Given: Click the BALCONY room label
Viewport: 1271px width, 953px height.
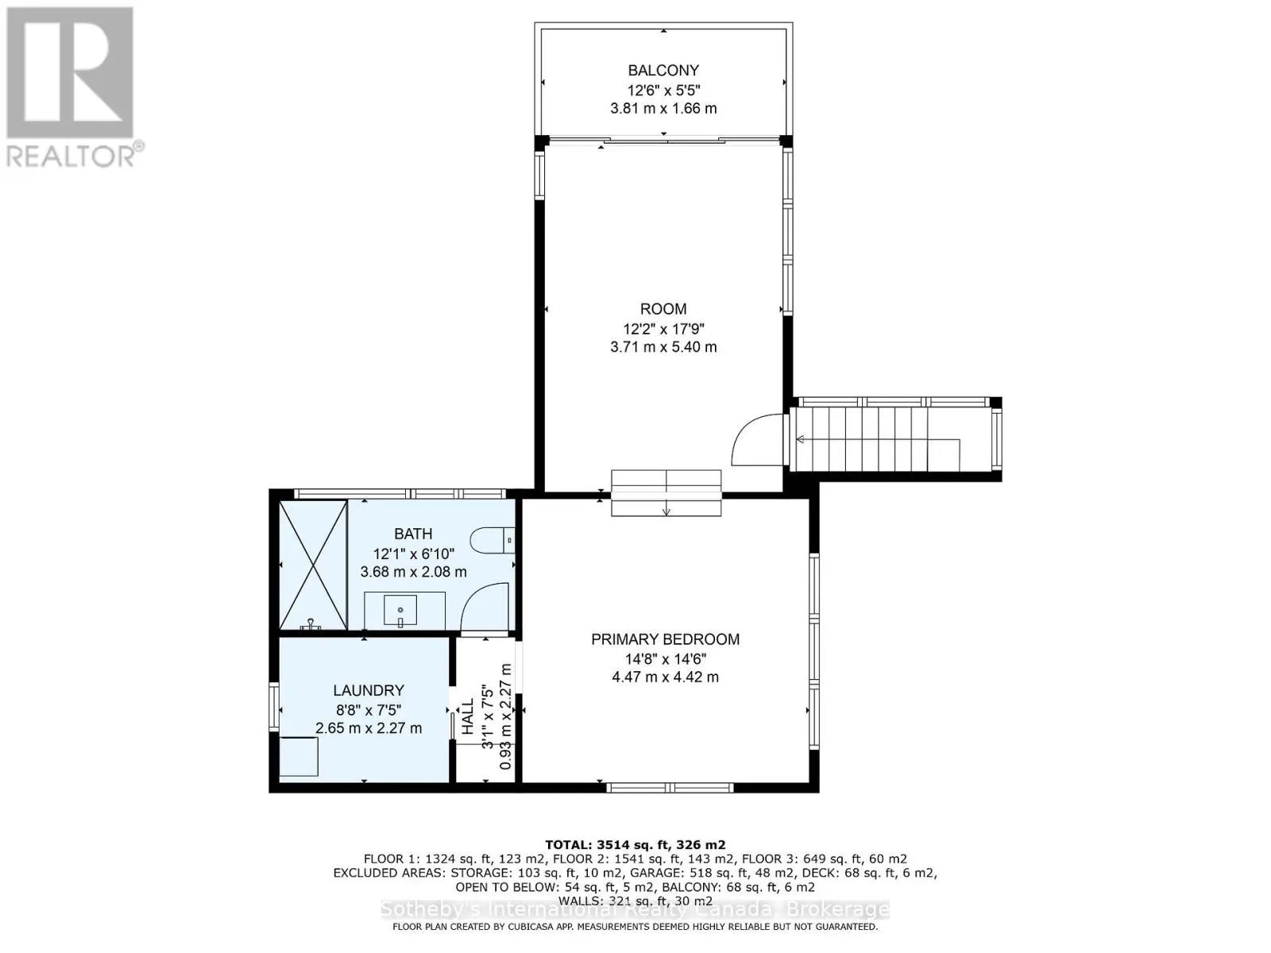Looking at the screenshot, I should [x=663, y=70].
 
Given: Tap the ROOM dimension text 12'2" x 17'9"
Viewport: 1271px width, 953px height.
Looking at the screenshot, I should [x=663, y=328].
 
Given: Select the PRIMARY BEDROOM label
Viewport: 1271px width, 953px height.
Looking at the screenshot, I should [x=665, y=639].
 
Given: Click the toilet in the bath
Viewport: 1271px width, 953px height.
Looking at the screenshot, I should [x=493, y=541].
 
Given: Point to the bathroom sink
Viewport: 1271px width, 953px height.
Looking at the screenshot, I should [x=400, y=611].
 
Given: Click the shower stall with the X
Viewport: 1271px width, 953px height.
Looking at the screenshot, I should [x=314, y=565].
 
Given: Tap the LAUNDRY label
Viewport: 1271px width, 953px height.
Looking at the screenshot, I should [x=369, y=691].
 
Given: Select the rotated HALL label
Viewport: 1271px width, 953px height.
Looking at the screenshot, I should [x=468, y=716].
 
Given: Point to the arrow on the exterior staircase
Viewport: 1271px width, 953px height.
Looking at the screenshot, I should [x=801, y=439].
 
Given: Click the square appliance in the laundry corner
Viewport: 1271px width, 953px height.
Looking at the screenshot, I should [x=299, y=756].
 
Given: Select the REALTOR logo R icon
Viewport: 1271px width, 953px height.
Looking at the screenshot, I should [x=70, y=73].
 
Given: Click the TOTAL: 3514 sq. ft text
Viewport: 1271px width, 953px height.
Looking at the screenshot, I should [x=635, y=845].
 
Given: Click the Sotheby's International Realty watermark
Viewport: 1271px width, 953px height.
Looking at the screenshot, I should [x=635, y=910].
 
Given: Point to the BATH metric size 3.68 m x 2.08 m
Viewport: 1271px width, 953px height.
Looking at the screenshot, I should [x=413, y=572].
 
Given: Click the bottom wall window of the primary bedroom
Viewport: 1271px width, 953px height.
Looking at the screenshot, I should [x=669, y=787].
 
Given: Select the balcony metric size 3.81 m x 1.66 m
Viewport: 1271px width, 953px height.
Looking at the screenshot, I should [x=663, y=108].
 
